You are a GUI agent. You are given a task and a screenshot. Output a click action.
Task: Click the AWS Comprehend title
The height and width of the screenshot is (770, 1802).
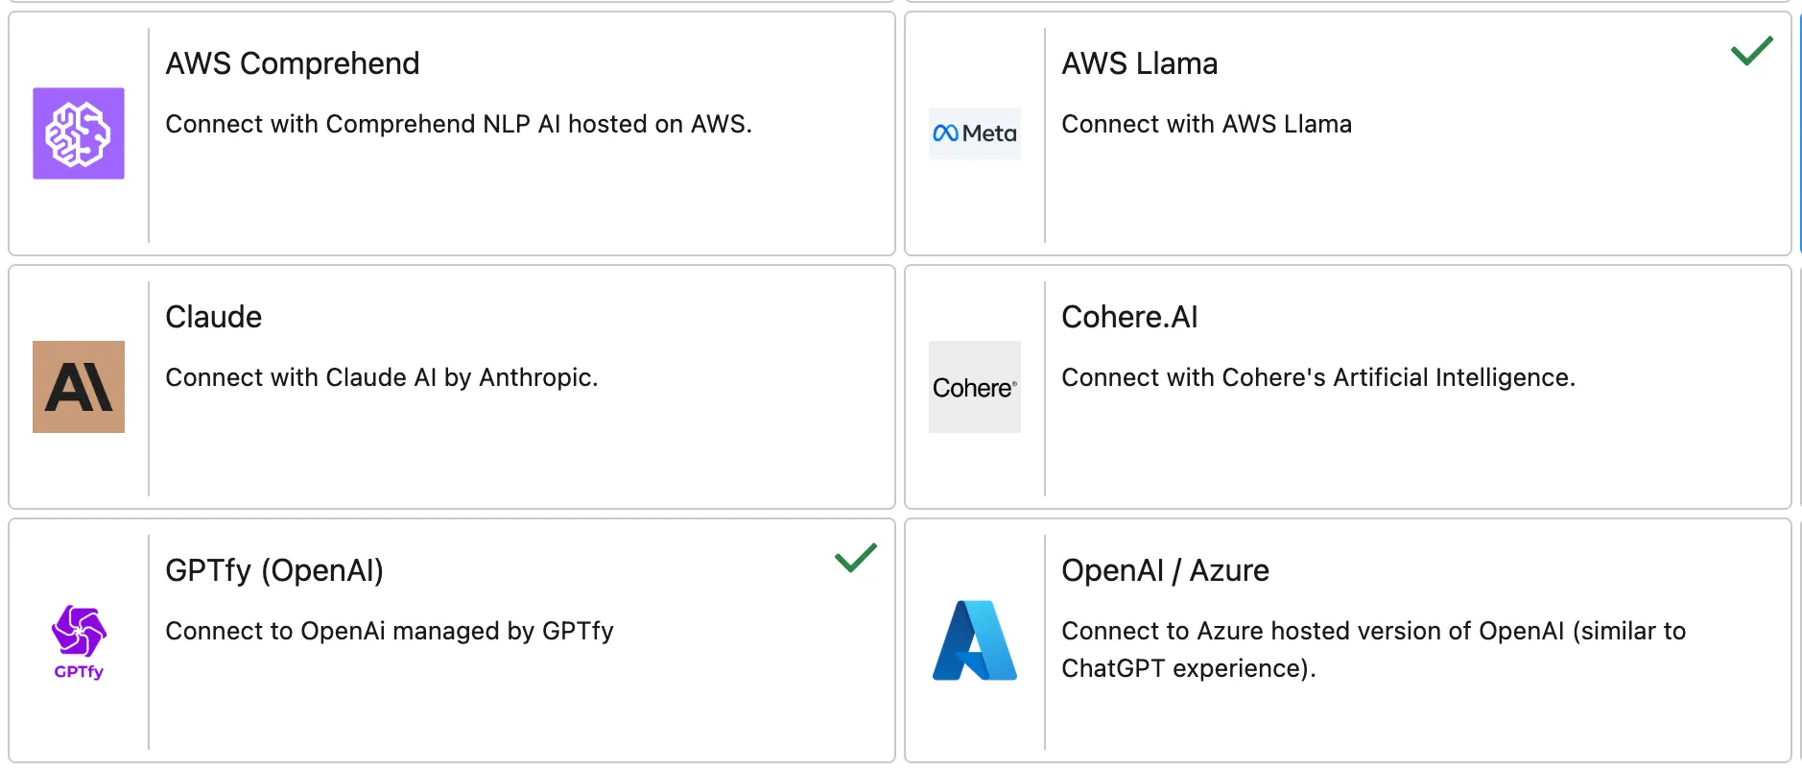(x=292, y=63)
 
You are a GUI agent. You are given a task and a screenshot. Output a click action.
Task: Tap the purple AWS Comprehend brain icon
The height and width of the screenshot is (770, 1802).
(x=79, y=133)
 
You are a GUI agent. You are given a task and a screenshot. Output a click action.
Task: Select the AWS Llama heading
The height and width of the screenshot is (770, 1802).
(x=1139, y=63)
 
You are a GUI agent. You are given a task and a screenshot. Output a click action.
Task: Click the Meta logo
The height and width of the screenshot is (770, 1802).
(x=974, y=133)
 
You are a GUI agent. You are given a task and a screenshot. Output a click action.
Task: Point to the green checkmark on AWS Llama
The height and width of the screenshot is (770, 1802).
(x=1751, y=51)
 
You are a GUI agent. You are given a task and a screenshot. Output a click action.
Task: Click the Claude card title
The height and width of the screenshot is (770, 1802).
(x=213, y=317)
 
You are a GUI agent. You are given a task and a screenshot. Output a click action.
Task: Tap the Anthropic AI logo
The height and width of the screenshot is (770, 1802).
(x=79, y=387)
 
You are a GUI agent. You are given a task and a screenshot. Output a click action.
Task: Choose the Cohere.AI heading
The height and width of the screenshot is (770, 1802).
(x=1129, y=317)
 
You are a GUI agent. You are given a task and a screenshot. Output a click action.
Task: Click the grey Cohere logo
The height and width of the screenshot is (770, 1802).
(x=974, y=387)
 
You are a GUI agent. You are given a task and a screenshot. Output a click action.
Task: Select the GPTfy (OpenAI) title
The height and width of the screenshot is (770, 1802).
(x=273, y=570)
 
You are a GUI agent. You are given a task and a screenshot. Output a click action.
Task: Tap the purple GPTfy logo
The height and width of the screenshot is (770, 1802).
(x=79, y=640)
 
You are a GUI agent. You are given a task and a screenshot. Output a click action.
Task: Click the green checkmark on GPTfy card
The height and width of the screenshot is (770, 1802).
(x=855, y=558)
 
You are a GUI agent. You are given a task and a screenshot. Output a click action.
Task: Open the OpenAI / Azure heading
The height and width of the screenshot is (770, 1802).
(x=1165, y=570)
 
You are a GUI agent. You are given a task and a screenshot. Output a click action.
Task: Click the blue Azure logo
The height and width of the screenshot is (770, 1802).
(x=974, y=640)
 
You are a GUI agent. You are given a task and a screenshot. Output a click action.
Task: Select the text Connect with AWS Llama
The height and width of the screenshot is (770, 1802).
(x=1206, y=124)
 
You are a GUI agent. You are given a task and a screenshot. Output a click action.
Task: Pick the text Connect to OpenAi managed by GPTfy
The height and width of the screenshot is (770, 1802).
(x=389, y=631)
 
